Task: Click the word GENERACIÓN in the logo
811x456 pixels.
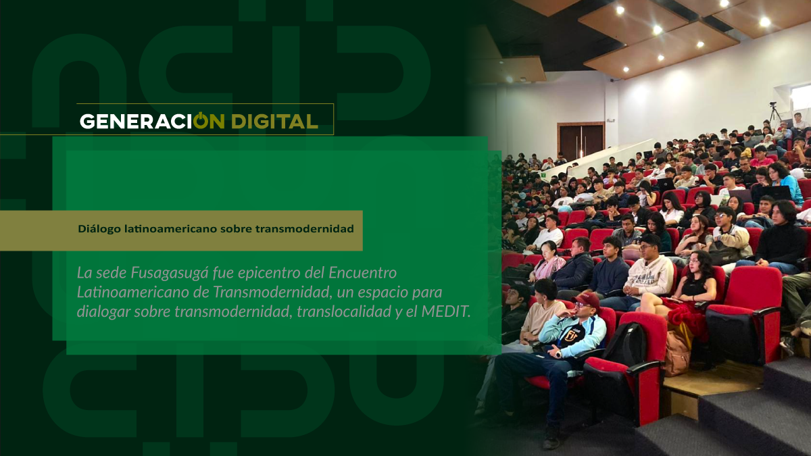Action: [x=152, y=121]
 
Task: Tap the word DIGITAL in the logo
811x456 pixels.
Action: [x=275, y=122]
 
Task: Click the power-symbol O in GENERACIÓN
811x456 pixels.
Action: [x=201, y=120]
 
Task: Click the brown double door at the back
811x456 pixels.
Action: [x=581, y=141]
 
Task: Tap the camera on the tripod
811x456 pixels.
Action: [x=773, y=105]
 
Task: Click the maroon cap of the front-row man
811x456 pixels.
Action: [x=587, y=299]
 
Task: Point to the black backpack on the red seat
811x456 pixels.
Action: [x=626, y=344]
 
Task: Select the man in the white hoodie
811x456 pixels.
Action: [x=648, y=275]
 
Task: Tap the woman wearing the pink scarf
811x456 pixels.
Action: [x=548, y=261]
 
